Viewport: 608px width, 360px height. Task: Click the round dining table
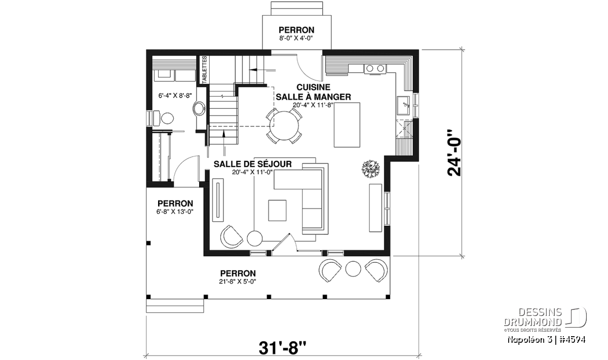click(284, 126)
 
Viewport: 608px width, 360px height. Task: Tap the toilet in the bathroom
click(164, 118)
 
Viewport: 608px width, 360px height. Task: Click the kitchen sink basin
click(403, 106)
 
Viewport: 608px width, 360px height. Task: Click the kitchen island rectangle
click(347, 125)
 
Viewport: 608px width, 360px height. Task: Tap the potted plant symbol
click(370, 169)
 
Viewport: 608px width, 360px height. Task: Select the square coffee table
click(277, 211)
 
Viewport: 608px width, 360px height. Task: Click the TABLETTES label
click(204, 70)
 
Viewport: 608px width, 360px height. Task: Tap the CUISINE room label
click(313, 87)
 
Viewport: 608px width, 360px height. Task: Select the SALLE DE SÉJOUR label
click(252, 164)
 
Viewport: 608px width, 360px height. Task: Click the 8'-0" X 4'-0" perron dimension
click(296, 38)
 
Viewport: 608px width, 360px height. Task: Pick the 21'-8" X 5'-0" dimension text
click(238, 282)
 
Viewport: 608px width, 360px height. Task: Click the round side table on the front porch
click(353, 268)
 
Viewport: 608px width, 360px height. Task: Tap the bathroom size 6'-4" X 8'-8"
click(175, 96)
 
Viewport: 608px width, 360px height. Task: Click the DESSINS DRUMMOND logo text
click(533, 317)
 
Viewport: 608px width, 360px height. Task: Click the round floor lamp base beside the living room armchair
click(254, 238)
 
